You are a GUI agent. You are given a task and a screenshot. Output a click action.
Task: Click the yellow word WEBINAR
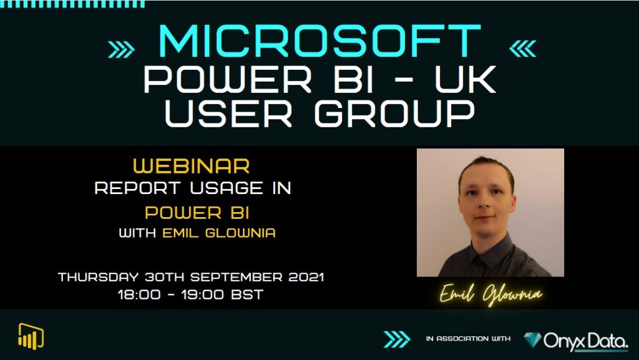tap(192, 166)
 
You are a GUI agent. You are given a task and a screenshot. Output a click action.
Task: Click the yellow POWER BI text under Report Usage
tap(197, 212)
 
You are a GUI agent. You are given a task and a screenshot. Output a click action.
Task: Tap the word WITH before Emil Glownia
tap(138, 234)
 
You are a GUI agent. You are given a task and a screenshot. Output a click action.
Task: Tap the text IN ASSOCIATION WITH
tap(468, 339)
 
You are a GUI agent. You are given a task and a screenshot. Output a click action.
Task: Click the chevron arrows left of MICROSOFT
tap(122, 49)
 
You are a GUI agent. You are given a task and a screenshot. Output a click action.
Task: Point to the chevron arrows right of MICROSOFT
tap(522, 48)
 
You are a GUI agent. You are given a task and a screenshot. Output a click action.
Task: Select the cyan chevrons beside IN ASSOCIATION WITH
tap(397, 339)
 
